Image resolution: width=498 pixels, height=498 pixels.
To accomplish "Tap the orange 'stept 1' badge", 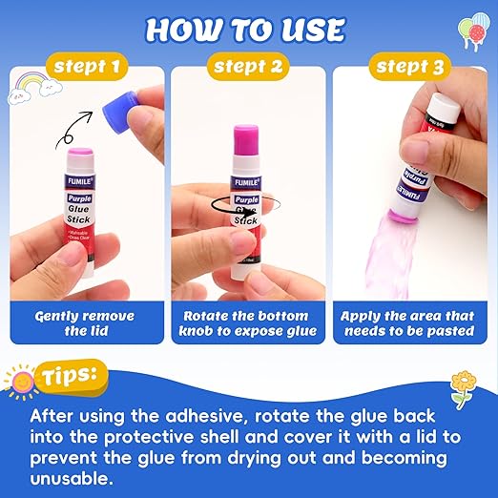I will (87, 68).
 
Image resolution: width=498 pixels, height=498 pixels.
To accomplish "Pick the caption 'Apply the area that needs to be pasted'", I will (408, 322).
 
